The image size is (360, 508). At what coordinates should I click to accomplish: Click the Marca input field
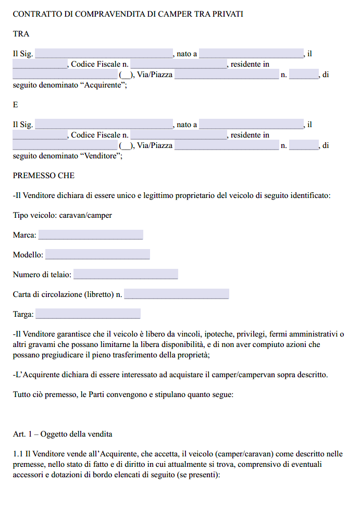coord(91,235)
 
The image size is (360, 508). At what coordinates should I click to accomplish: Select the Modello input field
coord(97,255)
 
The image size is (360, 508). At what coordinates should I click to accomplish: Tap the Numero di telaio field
coord(126,275)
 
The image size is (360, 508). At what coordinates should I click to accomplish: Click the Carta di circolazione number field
coord(177,294)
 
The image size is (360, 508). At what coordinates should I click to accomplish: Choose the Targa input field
coord(88,314)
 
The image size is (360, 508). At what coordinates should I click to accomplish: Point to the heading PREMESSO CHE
coord(44,176)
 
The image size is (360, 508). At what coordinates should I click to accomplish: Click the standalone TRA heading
coord(21,34)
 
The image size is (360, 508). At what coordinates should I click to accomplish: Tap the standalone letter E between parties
coord(16,105)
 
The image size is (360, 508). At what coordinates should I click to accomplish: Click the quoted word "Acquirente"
coord(103,84)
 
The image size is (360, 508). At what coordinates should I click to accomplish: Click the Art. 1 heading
coord(63,434)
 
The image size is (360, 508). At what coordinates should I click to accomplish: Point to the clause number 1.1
coord(18,454)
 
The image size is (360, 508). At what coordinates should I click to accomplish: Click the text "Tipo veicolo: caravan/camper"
coord(63,215)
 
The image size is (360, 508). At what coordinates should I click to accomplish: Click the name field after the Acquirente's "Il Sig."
coord(104,54)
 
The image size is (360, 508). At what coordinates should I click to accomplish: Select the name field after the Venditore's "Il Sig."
coord(104,125)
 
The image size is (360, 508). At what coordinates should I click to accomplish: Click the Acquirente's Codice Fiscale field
coord(178,64)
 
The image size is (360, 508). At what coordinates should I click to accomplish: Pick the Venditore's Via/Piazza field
coord(227,146)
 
